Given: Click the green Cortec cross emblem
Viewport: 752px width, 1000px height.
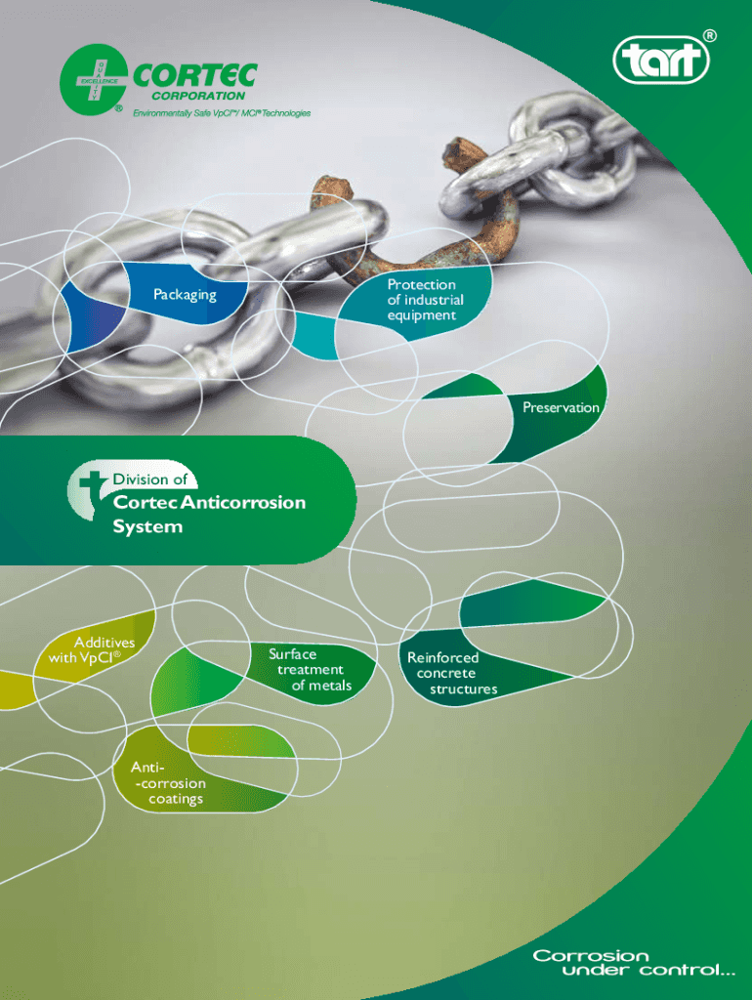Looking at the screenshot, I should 93,78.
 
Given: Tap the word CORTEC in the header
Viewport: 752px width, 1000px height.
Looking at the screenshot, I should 194,75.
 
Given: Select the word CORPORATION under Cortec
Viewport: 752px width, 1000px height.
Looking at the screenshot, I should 196,97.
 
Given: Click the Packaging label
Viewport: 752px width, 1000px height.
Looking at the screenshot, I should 185,294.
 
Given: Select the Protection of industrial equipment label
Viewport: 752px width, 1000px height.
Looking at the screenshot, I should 425,300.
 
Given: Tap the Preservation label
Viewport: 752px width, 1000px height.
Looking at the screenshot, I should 561,407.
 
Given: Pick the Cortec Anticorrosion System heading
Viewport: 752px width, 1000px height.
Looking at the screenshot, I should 208,515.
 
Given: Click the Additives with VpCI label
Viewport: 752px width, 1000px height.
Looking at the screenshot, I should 94,649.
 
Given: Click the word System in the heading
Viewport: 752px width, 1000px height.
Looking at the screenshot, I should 147,526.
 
